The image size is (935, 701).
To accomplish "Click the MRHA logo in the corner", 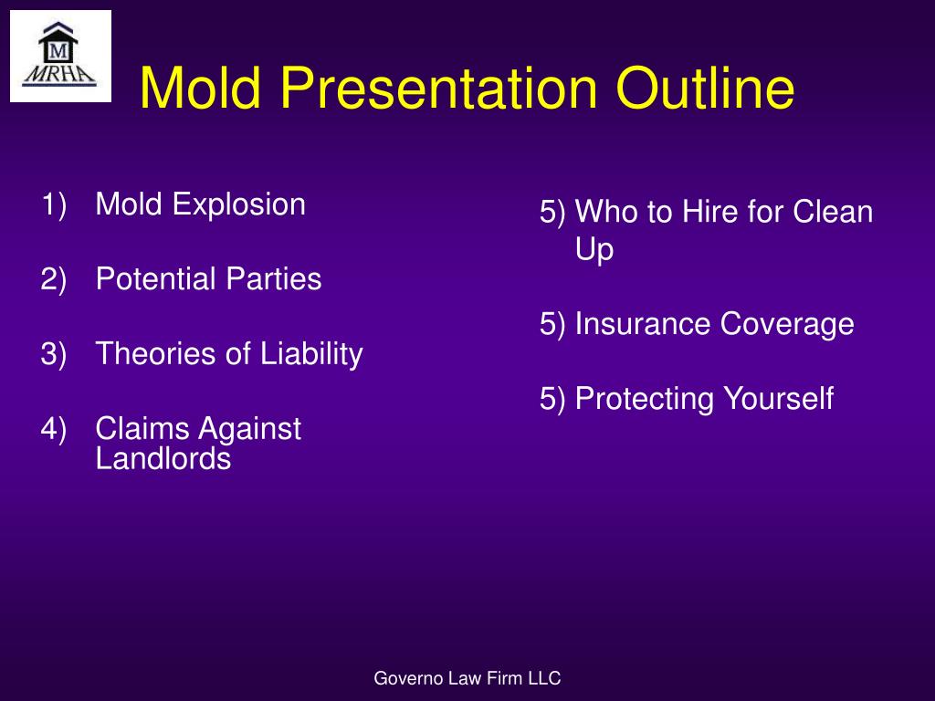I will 59,56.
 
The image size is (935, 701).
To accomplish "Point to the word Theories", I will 151,354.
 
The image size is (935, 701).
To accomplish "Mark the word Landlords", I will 163,459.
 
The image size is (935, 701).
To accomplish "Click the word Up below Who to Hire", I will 594,250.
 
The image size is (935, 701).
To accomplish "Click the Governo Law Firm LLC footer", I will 467,677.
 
